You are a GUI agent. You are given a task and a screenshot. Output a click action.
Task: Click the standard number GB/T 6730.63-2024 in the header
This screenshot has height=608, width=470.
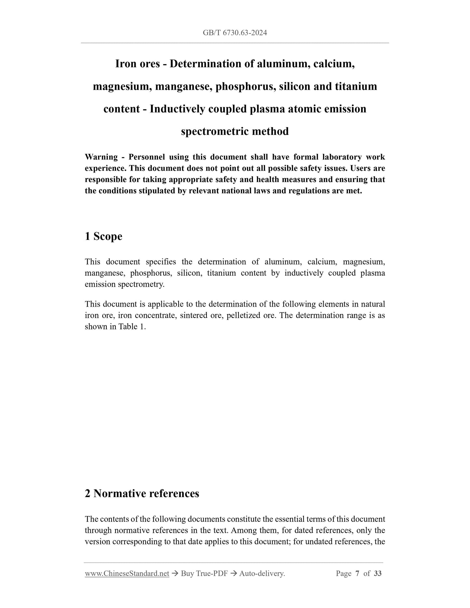[x=235, y=33]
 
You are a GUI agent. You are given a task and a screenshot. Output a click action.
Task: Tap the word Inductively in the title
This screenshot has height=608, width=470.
[x=177, y=109]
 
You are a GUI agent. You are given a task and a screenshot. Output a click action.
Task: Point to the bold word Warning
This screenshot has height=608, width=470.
[x=101, y=157]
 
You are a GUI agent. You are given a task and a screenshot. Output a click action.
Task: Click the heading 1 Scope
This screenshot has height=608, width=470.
[x=103, y=236]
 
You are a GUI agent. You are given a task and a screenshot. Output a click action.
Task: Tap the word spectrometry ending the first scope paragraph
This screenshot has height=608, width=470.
[x=141, y=284]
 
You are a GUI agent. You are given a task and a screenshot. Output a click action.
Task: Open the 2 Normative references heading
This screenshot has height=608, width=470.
[x=142, y=494]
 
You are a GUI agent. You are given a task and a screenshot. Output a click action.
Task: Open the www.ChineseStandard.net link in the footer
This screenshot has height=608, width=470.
[x=127, y=574]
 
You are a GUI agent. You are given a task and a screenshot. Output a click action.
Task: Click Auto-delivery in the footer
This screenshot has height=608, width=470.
[x=262, y=574]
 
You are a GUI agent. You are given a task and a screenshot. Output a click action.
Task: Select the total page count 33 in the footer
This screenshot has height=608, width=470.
[x=378, y=574]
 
